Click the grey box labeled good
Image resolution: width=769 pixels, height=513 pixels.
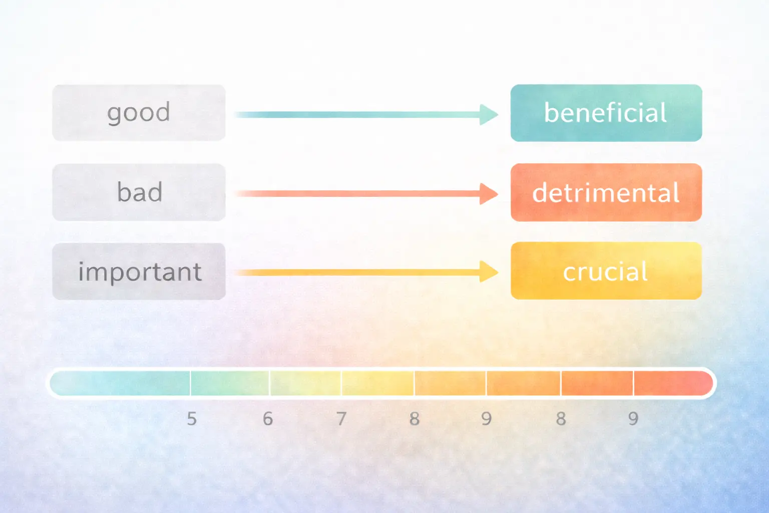click(139, 113)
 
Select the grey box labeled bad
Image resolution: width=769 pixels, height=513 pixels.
click(139, 192)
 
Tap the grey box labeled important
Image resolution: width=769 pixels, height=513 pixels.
click(139, 272)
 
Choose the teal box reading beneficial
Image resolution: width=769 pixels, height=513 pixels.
click(606, 113)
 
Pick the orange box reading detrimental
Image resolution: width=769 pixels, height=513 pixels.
click(606, 192)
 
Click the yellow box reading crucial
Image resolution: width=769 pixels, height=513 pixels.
click(606, 271)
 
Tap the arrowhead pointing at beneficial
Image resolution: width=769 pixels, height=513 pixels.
click(488, 115)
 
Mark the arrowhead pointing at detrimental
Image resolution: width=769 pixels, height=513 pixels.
click(488, 194)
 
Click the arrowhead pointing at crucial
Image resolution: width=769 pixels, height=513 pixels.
click(488, 272)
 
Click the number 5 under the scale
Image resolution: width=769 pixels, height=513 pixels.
click(192, 419)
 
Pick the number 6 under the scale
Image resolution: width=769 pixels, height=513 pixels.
click(268, 419)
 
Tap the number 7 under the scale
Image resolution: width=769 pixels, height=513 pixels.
click(341, 419)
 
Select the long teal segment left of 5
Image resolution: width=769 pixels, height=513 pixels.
click(120, 383)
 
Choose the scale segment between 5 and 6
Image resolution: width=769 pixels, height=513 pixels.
click(230, 383)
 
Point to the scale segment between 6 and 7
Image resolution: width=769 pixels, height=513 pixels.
click(305, 383)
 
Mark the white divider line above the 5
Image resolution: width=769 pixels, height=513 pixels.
click(190, 383)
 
